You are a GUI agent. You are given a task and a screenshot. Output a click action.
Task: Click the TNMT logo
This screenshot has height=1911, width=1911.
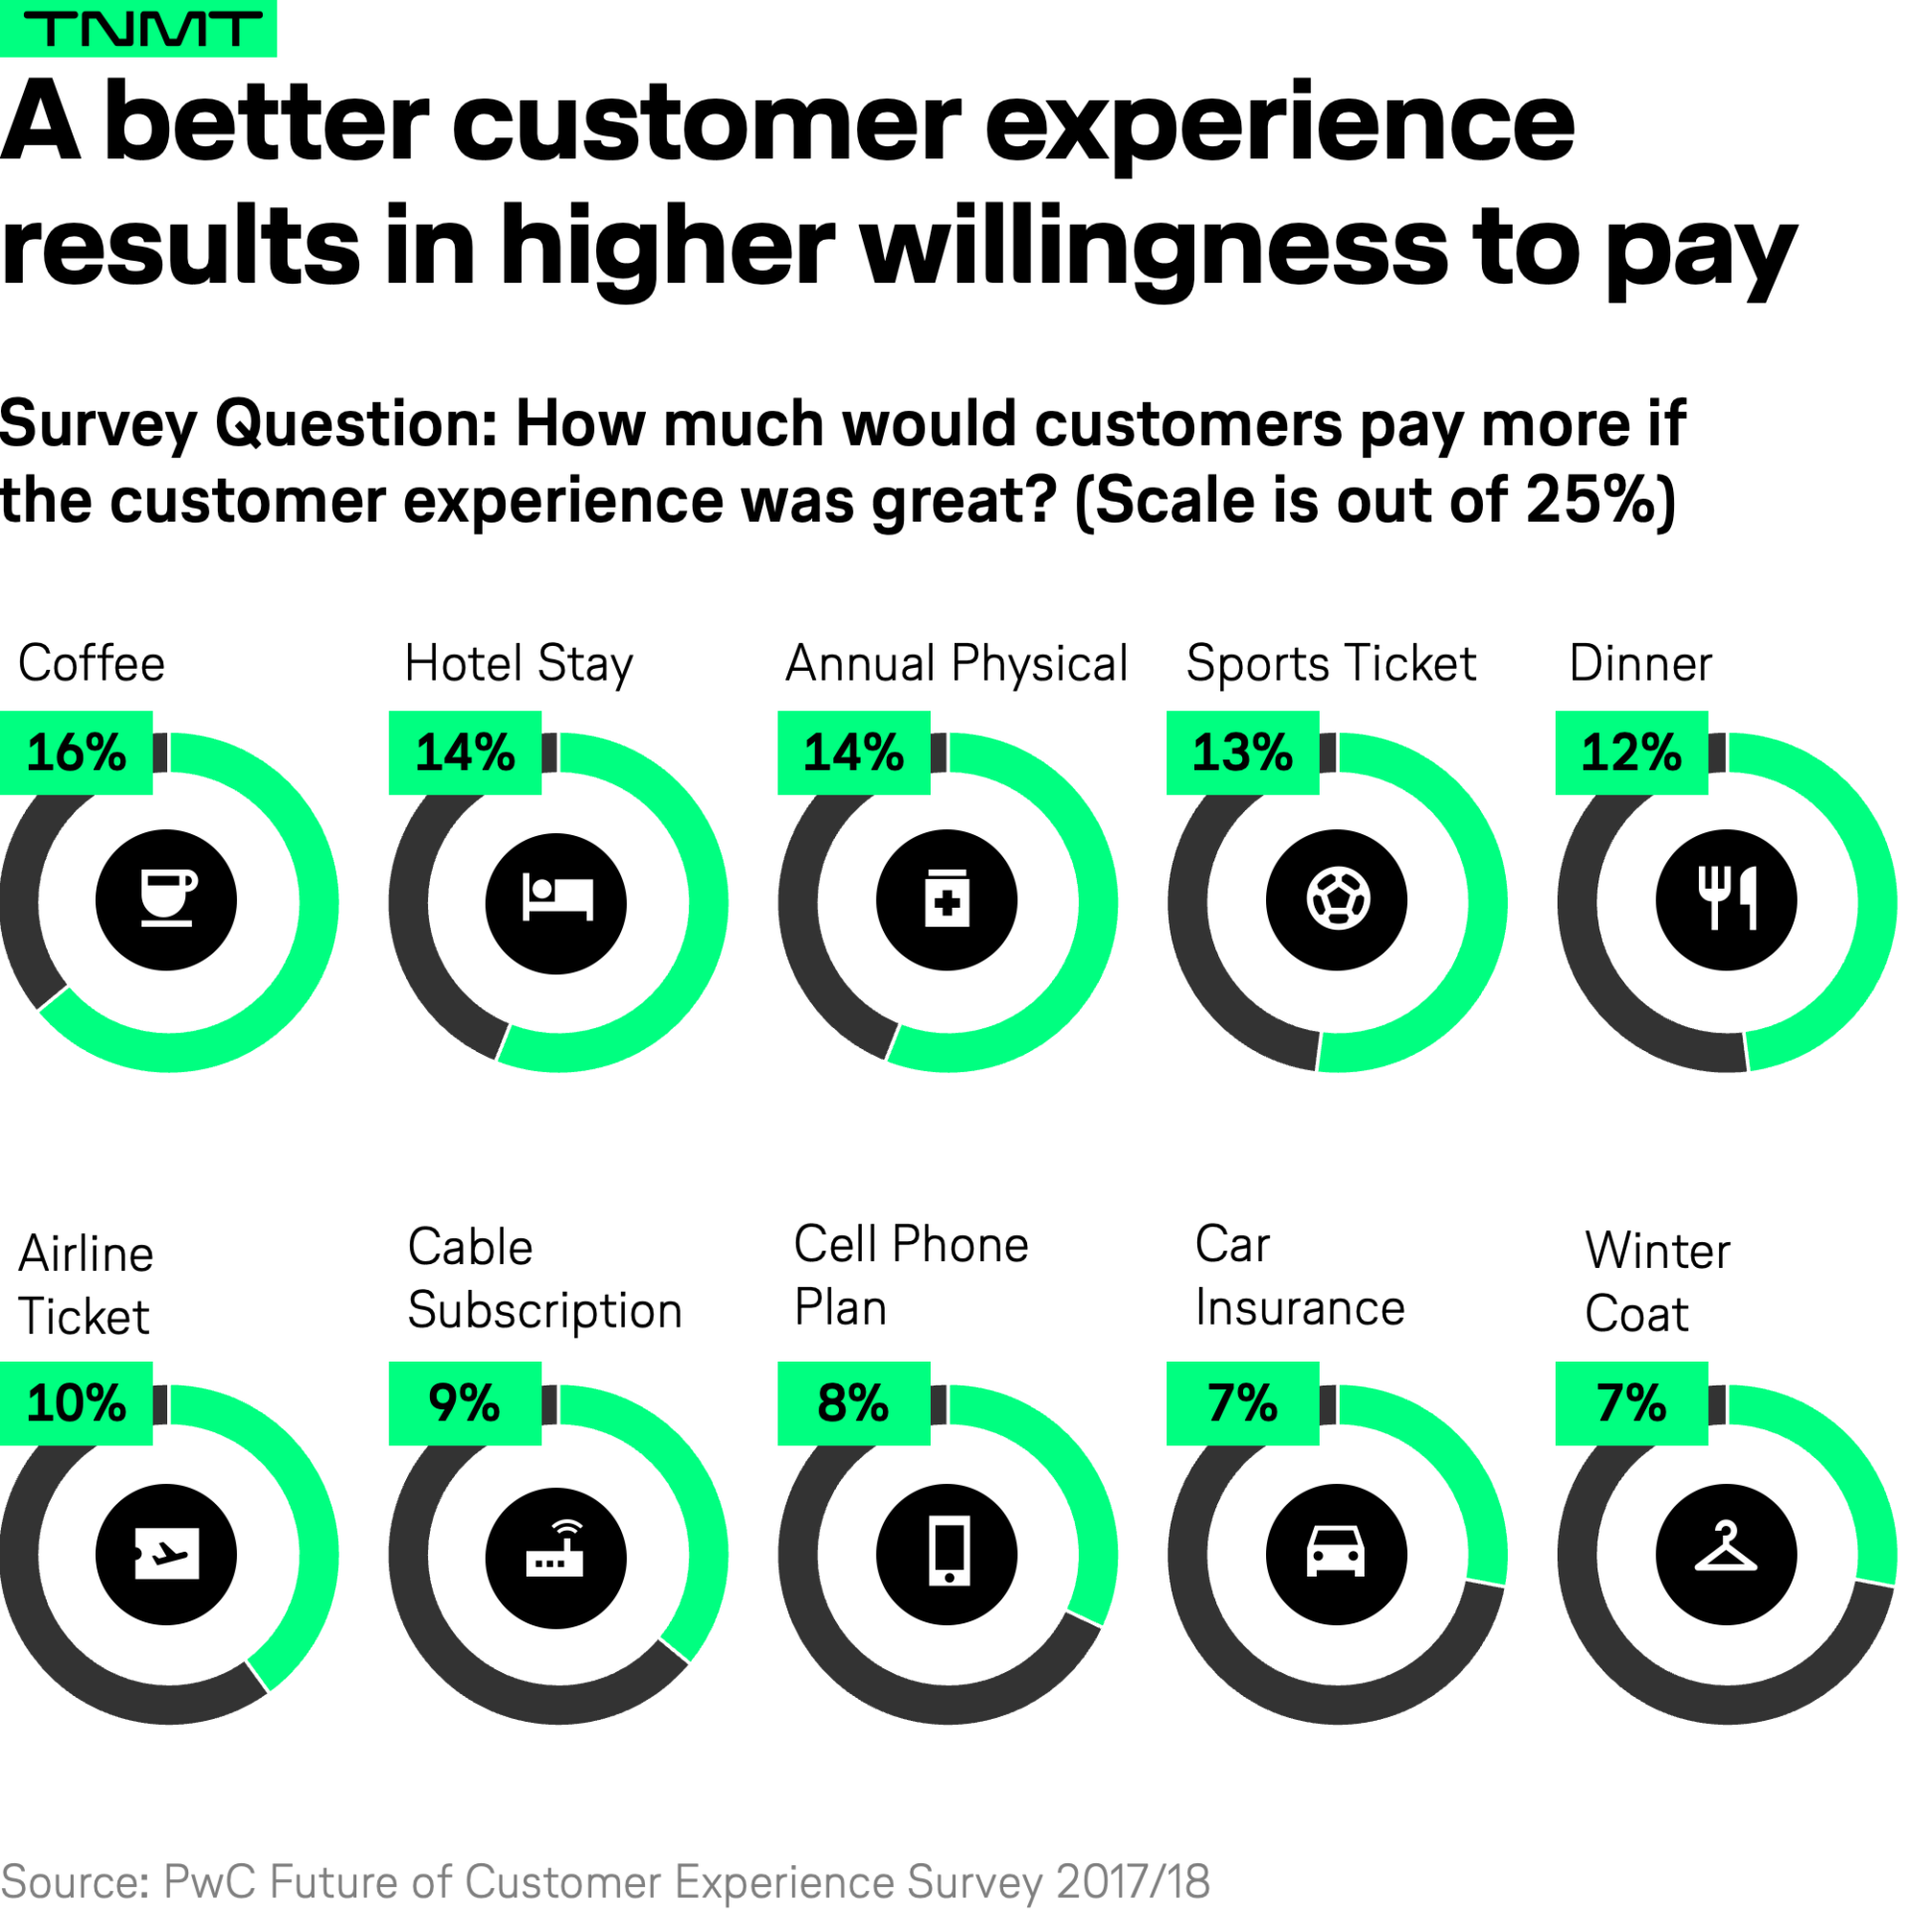[x=137, y=28]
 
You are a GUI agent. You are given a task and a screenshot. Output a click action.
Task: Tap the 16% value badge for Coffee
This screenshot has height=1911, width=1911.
[x=76, y=751]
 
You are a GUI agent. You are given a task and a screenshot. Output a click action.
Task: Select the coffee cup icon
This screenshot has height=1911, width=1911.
[x=166, y=899]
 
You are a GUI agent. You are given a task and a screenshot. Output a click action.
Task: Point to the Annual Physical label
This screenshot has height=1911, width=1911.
[x=955, y=663]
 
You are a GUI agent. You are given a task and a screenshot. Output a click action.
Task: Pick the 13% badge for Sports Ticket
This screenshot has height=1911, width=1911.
[x=1241, y=751]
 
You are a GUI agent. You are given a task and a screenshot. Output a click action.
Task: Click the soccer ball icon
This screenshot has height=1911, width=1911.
[x=1336, y=899]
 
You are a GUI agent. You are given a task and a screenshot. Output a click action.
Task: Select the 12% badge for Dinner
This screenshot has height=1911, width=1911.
[x=1630, y=751]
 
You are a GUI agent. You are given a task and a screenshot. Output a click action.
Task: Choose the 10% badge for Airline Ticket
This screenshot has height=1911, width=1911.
[x=76, y=1402]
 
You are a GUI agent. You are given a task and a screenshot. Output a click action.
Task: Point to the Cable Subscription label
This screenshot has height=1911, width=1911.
[x=543, y=1278]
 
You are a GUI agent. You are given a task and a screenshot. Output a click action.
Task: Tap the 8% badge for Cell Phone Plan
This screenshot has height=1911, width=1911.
[x=852, y=1402]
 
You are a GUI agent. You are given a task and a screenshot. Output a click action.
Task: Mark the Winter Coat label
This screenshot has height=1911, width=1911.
[x=1657, y=1282]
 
